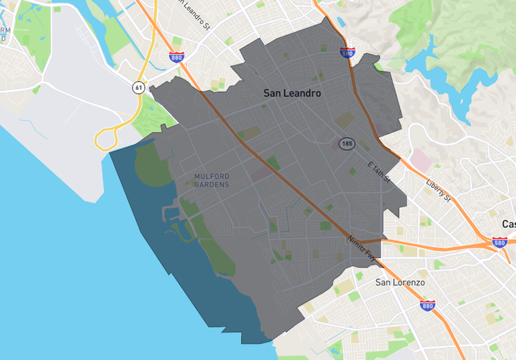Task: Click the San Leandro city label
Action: coord(292,93)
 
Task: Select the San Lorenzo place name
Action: coord(401,282)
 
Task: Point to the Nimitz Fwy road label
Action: coord(361,249)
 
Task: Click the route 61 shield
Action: coord(137,88)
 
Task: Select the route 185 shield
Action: coord(347,143)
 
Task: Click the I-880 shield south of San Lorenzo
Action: coord(427,306)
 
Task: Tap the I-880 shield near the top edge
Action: coord(177,57)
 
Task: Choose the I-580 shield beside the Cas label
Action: coord(499,243)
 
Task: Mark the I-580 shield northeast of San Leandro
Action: coord(347,53)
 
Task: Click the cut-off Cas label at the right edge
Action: coord(508,224)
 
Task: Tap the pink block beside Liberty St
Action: coord(419,160)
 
